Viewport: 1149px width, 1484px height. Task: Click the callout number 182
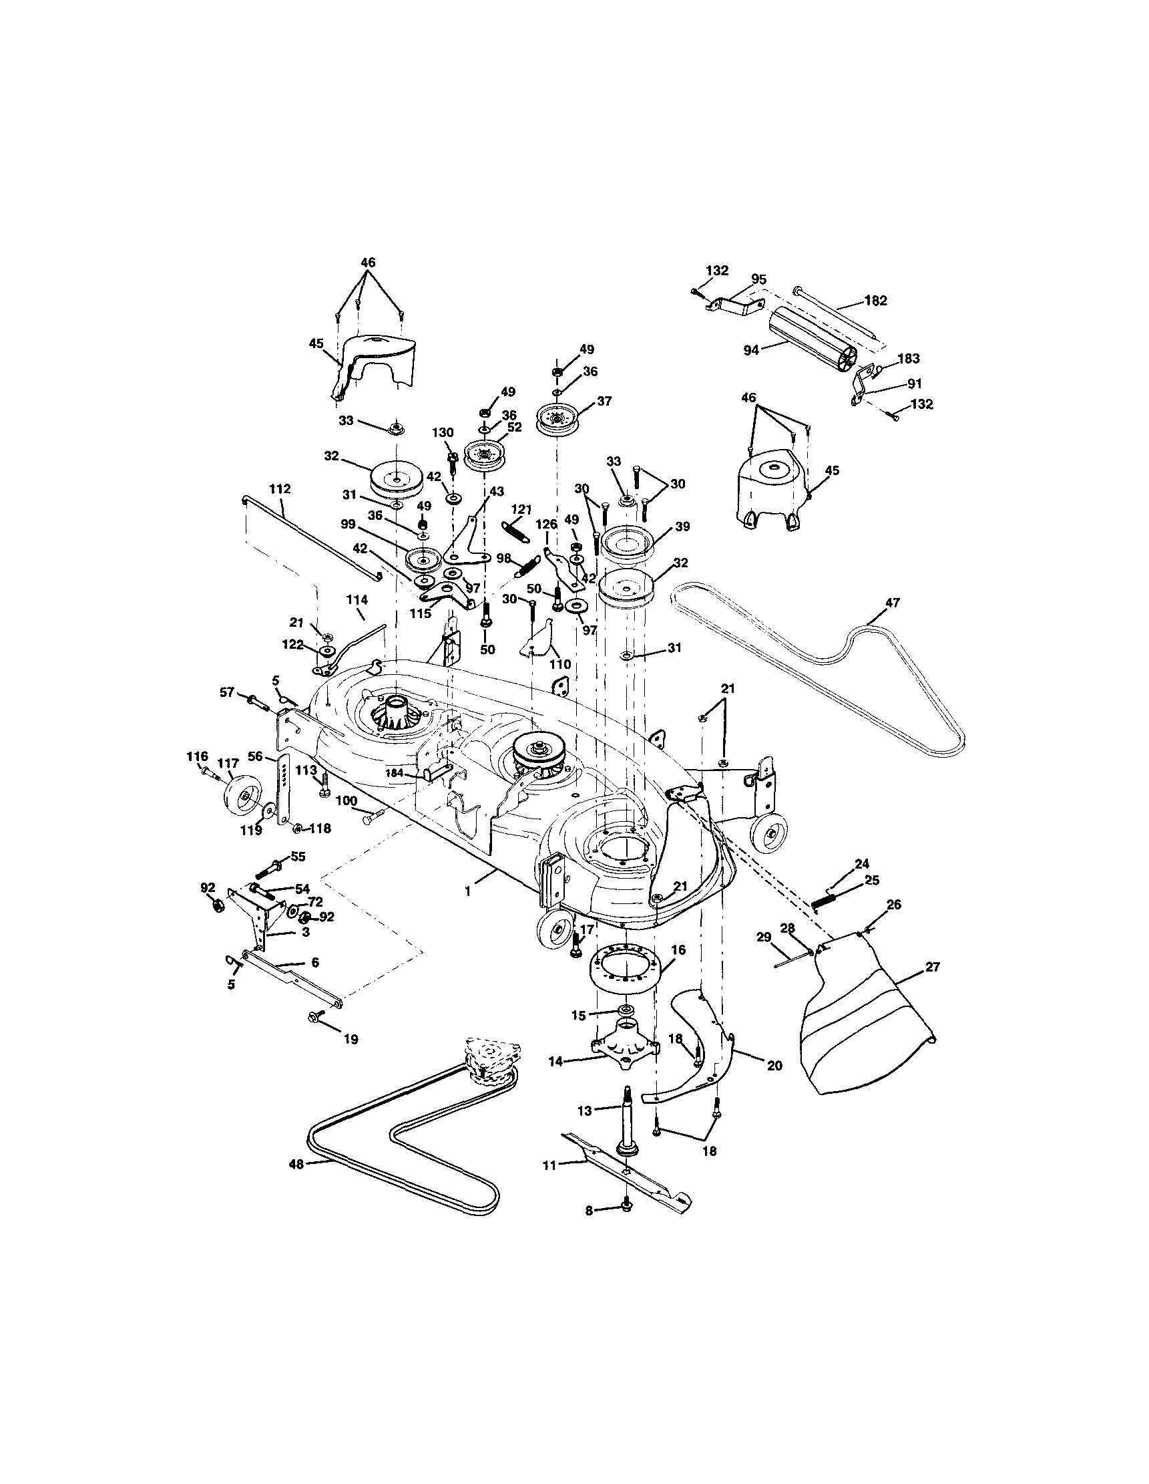pyautogui.click(x=875, y=300)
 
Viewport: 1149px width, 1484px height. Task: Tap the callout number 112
pyautogui.click(x=280, y=488)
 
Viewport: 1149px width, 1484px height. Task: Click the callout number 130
pyautogui.click(x=443, y=433)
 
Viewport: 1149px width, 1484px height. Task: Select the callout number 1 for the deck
pyautogui.click(x=467, y=891)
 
